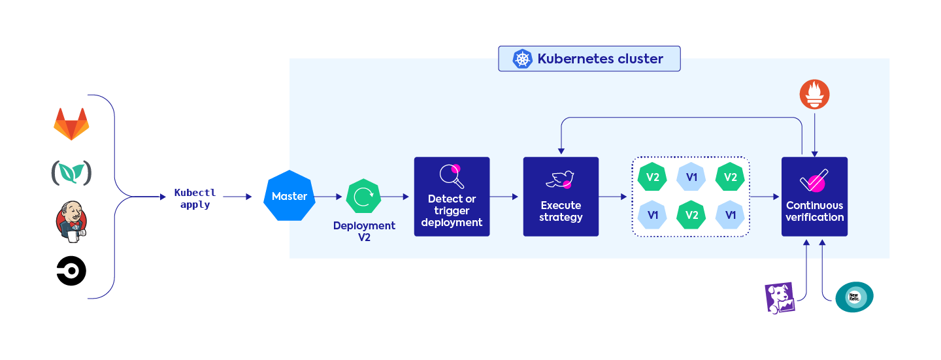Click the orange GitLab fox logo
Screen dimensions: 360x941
[x=71, y=124]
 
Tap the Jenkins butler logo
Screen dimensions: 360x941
[x=71, y=221]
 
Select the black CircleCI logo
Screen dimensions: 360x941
[x=71, y=271]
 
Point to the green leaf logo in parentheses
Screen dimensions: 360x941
[x=71, y=172]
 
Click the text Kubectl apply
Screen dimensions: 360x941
[x=195, y=199]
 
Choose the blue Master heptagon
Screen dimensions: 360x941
[x=289, y=196]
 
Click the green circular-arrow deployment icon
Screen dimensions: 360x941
[x=363, y=196]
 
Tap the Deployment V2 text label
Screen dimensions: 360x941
[x=364, y=231]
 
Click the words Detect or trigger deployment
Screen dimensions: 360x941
[x=452, y=210]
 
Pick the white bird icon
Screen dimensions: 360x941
[x=561, y=180]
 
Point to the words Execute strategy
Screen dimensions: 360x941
[x=561, y=211]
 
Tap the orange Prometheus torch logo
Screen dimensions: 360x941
[x=814, y=95]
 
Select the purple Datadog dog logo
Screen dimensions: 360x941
[x=780, y=298]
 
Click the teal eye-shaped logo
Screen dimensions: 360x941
[x=854, y=297]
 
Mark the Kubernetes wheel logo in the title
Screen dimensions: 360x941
[x=522, y=59]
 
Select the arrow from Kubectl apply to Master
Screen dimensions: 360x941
[x=239, y=196]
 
